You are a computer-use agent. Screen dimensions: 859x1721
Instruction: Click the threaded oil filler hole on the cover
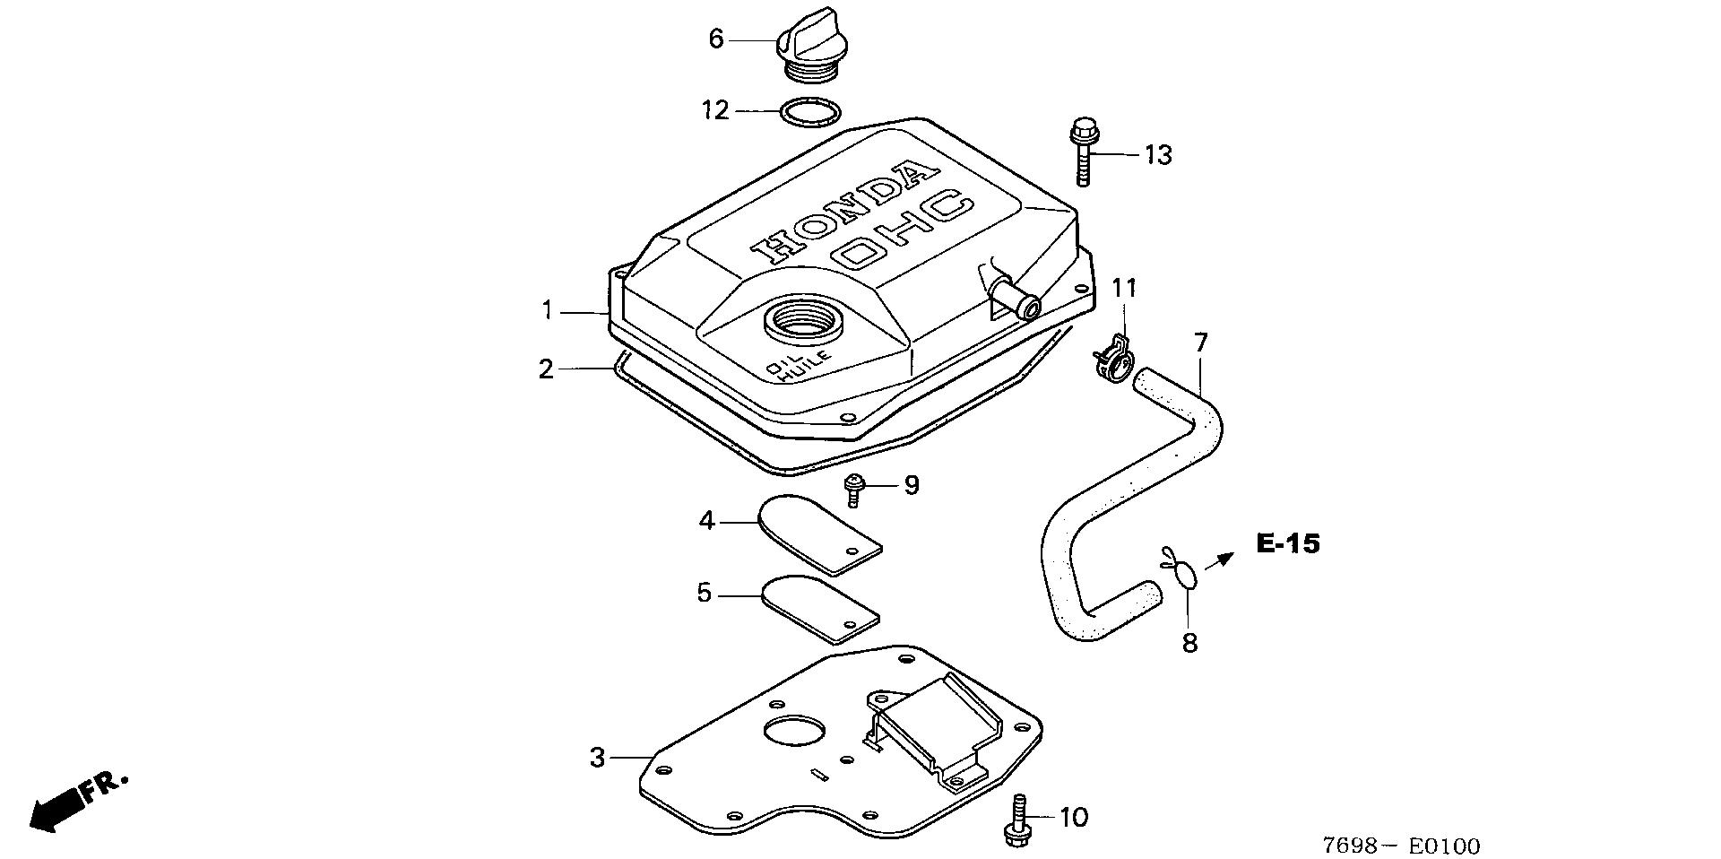coord(803,318)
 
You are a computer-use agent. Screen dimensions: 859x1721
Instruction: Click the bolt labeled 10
coord(1018,818)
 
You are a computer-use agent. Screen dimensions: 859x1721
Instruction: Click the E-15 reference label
coord(1288,542)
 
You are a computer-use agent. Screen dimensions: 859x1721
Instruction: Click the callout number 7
coord(1200,342)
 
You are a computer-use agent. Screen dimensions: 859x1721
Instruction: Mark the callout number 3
coord(598,758)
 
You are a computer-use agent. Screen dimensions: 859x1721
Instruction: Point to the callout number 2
coord(547,369)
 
